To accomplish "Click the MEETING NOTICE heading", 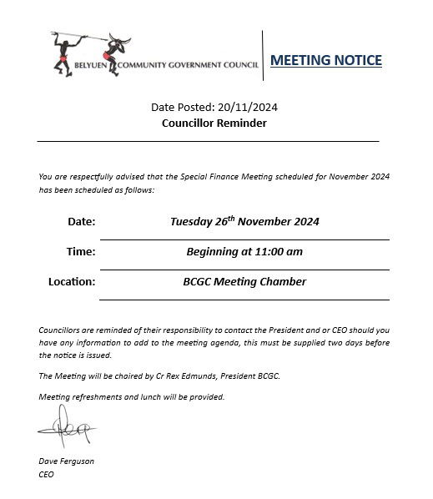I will pyautogui.click(x=327, y=60).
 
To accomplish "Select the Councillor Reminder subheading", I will pyautogui.click(x=214, y=123).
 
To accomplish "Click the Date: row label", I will pyautogui.click(x=82, y=222).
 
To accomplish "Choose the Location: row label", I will pyautogui.click(x=72, y=282).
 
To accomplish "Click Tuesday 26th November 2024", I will pyautogui.click(x=244, y=222).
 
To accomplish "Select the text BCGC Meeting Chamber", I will pyautogui.click(x=244, y=282).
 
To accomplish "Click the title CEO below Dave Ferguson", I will pyautogui.click(x=46, y=474).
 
